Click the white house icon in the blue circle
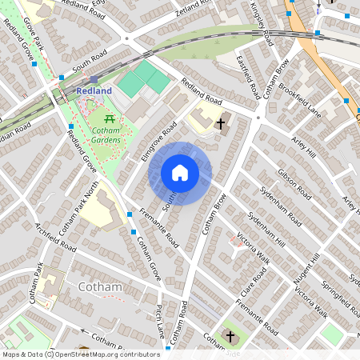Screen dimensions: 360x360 tap(180, 173)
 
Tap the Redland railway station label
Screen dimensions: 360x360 tap(94, 91)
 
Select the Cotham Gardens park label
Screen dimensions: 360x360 tap(105, 134)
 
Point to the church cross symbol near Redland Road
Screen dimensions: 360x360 tap(222, 123)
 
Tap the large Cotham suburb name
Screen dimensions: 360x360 tap(100, 287)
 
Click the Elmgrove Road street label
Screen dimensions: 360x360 tap(158, 141)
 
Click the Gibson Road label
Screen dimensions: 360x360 tap(294, 182)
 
